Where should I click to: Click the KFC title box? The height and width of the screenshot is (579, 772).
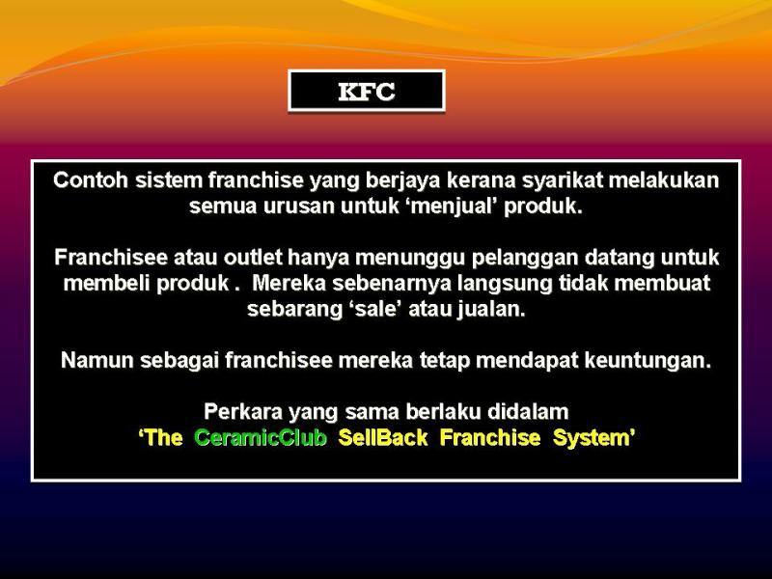tap(367, 92)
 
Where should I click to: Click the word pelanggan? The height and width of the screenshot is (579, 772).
tap(506, 258)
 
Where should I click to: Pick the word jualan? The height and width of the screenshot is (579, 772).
tap(491, 310)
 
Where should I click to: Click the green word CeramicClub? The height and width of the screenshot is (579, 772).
tap(261, 438)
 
